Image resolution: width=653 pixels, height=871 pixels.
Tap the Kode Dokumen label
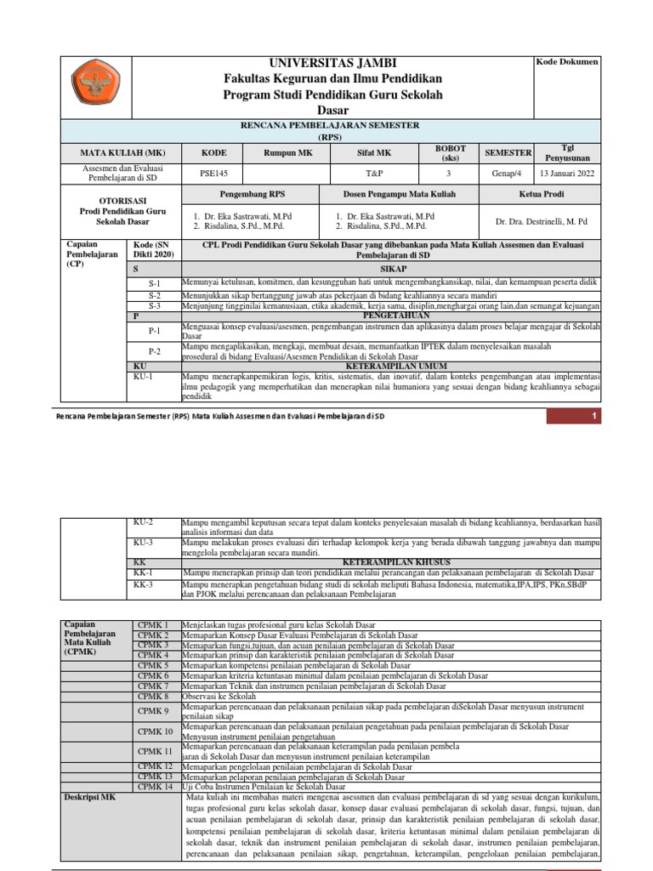566,62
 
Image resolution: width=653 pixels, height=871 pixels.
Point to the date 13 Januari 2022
566,172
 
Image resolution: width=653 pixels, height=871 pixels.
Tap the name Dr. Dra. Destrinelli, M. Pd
542,221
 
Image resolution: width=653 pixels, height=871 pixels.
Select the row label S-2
154,295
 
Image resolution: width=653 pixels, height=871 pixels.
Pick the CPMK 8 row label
154,696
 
